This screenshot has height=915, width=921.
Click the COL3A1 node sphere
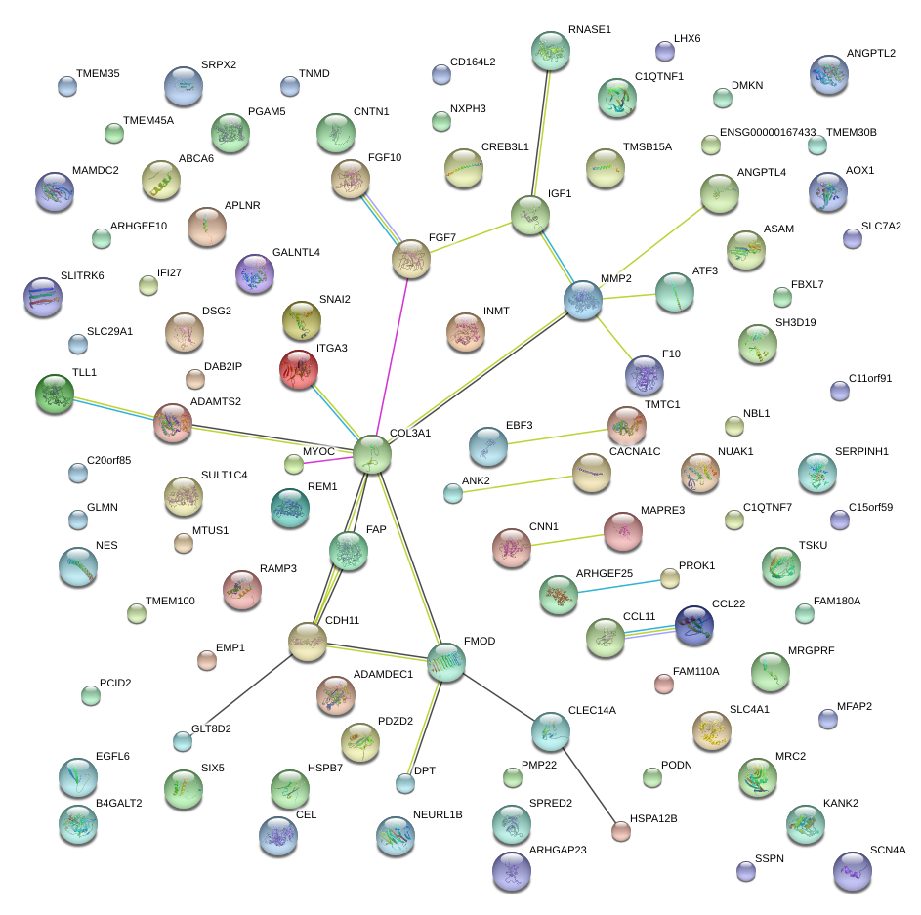(x=372, y=454)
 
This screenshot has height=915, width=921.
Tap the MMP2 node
(x=583, y=300)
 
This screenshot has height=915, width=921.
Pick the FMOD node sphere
(x=446, y=662)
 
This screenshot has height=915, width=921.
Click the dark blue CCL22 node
(x=694, y=625)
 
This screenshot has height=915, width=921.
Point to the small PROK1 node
(x=669, y=579)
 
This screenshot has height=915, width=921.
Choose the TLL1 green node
(x=53, y=394)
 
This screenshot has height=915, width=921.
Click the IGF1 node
(x=530, y=214)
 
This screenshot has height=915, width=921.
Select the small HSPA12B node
(x=620, y=831)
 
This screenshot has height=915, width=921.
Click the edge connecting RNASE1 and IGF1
(x=541, y=132)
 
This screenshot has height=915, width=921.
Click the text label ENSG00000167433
(x=767, y=132)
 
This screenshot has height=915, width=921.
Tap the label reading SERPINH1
(x=834, y=452)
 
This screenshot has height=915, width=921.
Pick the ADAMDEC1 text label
(x=383, y=674)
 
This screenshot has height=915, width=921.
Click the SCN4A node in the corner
(x=852, y=870)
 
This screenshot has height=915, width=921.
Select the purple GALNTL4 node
(x=256, y=274)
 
